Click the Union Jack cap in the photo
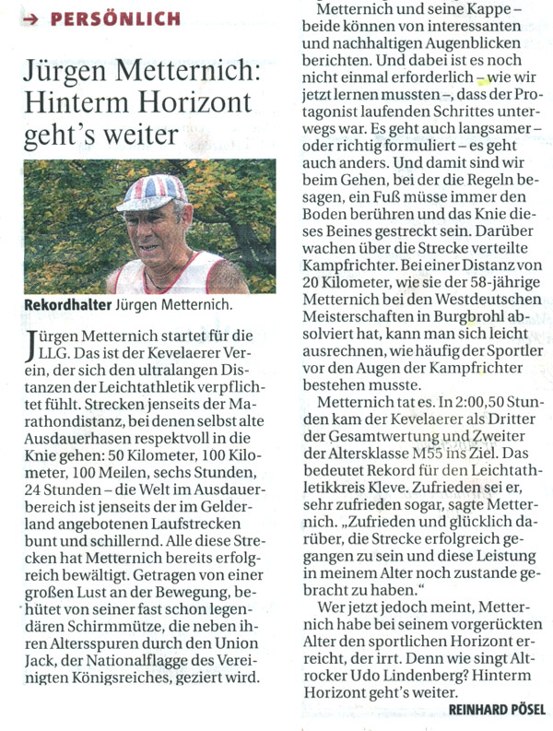pos(153,193)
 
